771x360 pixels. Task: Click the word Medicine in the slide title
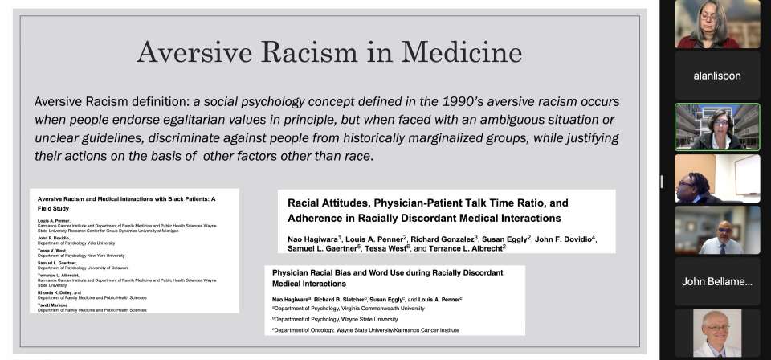tap(463, 52)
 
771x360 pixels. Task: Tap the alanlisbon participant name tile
tap(717, 75)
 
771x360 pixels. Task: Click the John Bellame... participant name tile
tap(717, 281)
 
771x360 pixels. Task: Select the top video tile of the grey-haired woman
tap(717, 24)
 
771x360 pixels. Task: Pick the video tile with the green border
tap(717, 127)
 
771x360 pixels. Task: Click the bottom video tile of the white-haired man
tap(717, 333)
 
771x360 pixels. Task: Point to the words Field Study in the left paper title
tap(55, 207)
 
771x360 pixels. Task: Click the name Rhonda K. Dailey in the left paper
tap(58, 292)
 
